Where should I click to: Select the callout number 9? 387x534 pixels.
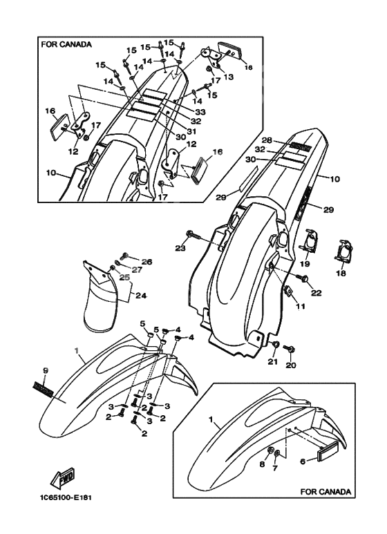45,372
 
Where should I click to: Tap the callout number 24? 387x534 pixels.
141,296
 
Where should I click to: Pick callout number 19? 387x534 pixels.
305,264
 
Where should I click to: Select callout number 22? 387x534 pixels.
317,294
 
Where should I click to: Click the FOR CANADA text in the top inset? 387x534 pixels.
66,44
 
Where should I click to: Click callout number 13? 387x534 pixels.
228,77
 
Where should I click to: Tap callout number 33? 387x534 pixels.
200,112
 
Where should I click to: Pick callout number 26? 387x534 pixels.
147,261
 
